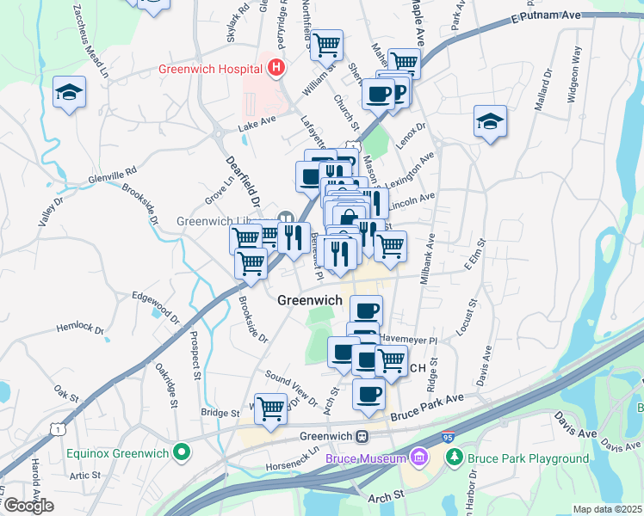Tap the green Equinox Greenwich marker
coord(182,451)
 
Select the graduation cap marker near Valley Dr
coord(69,93)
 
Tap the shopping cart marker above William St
coord(326,44)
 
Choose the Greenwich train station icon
coord(363,436)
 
